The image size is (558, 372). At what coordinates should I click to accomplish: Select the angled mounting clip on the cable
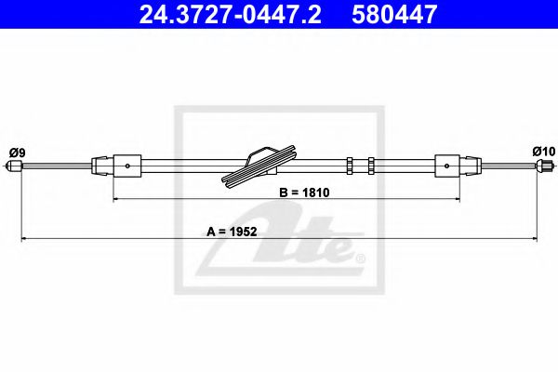[259, 165]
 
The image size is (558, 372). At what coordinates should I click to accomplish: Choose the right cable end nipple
[541, 167]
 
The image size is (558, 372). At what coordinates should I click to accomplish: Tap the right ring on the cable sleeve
[369, 166]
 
